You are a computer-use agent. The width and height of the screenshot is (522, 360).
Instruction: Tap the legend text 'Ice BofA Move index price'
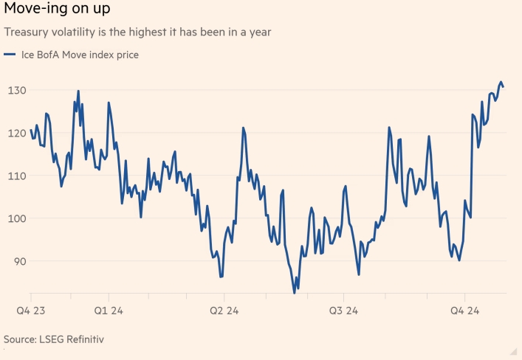75,54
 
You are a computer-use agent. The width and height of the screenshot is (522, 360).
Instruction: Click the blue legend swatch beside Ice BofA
10,55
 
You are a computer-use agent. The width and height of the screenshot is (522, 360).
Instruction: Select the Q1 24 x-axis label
110,311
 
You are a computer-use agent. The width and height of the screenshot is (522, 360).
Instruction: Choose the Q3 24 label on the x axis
345,311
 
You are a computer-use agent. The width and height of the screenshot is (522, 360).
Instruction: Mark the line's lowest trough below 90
295,293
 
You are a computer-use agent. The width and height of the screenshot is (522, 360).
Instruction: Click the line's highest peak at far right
501,82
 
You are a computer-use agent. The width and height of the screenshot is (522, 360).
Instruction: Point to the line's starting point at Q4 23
30,131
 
